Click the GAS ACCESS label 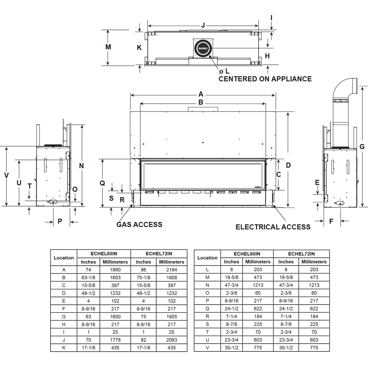coord(139,225)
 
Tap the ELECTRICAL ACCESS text coord(273,227)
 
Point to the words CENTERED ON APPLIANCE coord(265,79)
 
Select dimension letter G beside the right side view coord(362,147)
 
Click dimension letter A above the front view coord(201,94)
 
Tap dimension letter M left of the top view coord(108,47)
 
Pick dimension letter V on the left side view coord(6,175)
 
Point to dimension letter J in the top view coord(203,25)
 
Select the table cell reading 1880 coord(115,270)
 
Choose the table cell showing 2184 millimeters coord(172,270)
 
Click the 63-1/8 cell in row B coord(88,278)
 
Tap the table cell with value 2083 coord(172,340)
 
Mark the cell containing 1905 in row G coord(172,316)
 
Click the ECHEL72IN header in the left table coord(159,254)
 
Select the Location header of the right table coord(207,258)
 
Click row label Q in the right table coord(207,309)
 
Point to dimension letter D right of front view coord(288,165)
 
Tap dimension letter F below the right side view coord(331,221)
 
